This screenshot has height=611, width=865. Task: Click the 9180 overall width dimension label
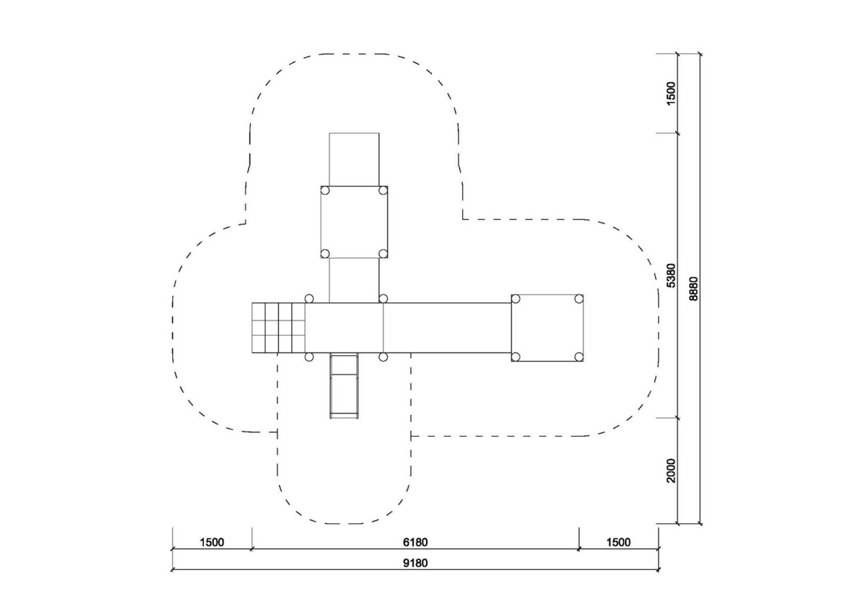[415, 563]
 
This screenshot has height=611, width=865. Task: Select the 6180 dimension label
[415, 543]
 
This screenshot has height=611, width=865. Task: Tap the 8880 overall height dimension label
[693, 288]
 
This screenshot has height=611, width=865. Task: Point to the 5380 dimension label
[672, 275]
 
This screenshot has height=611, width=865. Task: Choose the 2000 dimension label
[672, 470]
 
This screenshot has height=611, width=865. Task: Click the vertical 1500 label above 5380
[672, 93]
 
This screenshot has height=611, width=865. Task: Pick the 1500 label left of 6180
[212, 543]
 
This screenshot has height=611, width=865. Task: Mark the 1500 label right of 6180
[618, 543]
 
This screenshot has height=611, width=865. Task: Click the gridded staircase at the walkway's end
[278, 328]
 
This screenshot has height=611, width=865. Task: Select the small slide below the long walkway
[344, 385]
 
